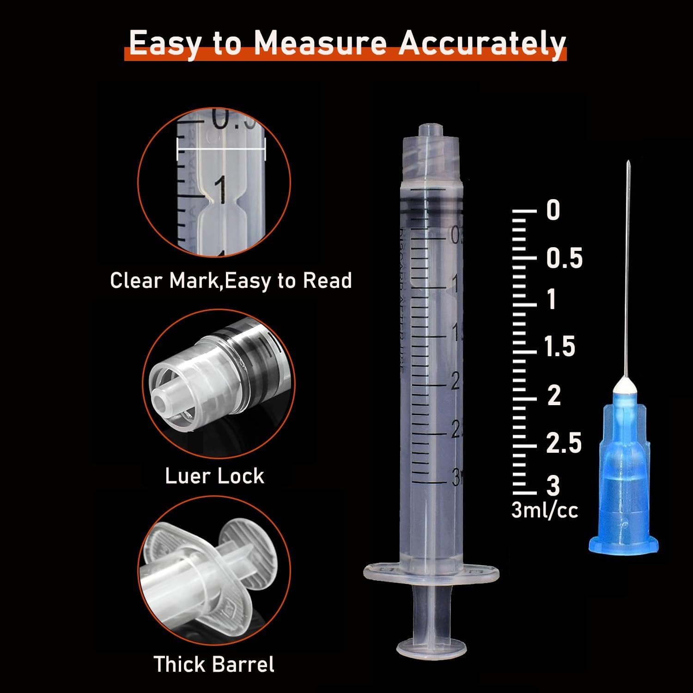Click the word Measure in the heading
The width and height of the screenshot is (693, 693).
pos(320,43)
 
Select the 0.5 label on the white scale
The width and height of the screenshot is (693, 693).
pos(564,257)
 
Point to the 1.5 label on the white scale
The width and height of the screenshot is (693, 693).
pos(560,346)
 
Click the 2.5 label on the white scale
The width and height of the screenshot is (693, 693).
pos(564,443)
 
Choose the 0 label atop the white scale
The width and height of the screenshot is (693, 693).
pos(553,210)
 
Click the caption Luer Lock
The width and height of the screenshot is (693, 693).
pos(215,476)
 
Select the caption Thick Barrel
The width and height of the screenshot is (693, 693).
pos(214,664)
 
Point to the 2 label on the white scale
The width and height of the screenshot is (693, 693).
pos(554,396)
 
